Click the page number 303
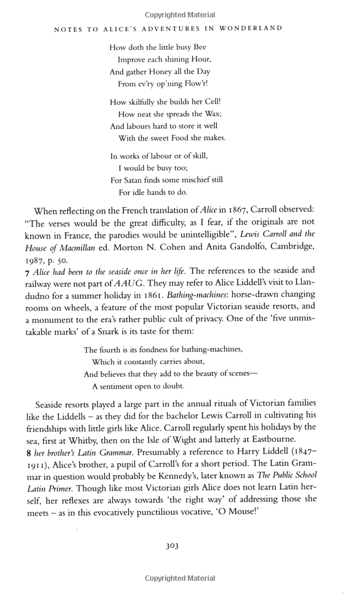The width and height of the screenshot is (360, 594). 172,546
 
